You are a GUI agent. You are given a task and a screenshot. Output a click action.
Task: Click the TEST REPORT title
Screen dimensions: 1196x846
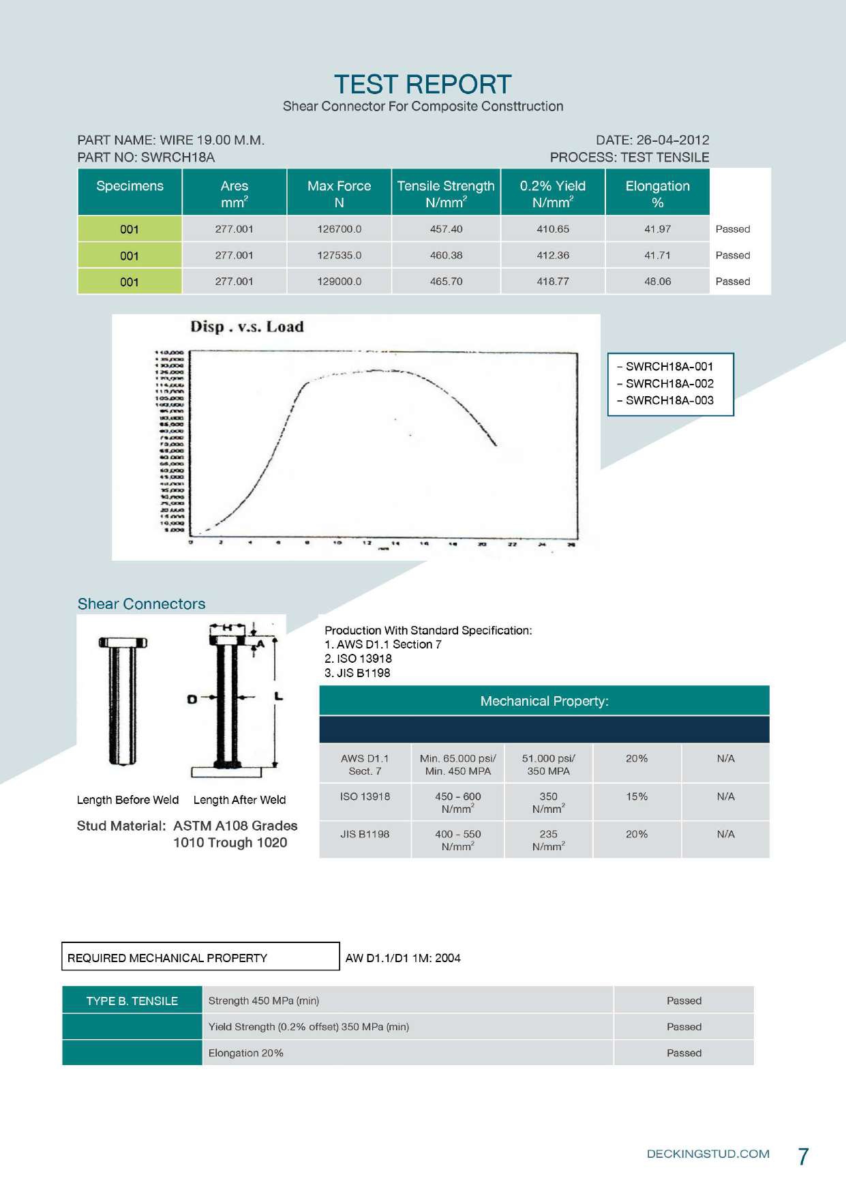click(x=423, y=85)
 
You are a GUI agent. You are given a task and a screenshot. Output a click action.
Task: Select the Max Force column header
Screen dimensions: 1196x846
click(x=339, y=194)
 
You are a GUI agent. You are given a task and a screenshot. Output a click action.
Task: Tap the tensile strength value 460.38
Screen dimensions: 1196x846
click(x=446, y=255)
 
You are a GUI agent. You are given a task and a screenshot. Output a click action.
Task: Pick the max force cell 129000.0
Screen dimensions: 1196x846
click(x=339, y=281)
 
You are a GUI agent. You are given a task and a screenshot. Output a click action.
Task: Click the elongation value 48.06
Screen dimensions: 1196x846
click(x=657, y=281)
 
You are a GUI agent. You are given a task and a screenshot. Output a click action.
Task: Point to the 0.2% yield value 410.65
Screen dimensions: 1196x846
click(x=552, y=229)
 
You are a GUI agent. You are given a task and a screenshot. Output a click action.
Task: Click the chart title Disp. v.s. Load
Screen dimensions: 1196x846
click(x=247, y=327)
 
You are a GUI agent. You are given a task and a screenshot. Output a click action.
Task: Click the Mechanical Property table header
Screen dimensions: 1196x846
click(x=544, y=701)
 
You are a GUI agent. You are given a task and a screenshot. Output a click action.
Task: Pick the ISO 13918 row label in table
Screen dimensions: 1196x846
click(x=365, y=796)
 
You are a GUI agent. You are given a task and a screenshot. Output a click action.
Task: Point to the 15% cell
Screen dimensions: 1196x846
click(x=637, y=796)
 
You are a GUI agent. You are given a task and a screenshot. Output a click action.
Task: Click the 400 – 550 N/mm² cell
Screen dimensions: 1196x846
click(x=457, y=839)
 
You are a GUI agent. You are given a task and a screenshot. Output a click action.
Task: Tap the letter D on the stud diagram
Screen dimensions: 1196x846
click(x=192, y=699)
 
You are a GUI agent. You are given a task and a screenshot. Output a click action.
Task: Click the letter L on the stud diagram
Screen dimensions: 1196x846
click(x=278, y=696)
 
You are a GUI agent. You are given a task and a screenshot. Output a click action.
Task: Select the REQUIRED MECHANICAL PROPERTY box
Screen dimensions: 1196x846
click(x=200, y=957)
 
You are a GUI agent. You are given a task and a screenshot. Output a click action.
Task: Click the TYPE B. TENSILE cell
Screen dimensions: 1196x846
click(x=132, y=1000)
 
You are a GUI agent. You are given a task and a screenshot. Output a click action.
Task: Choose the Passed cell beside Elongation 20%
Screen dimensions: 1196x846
click(x=684, y=1053)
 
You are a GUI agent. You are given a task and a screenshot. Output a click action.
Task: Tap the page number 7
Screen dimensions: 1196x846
click(x=803, y=1156)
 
